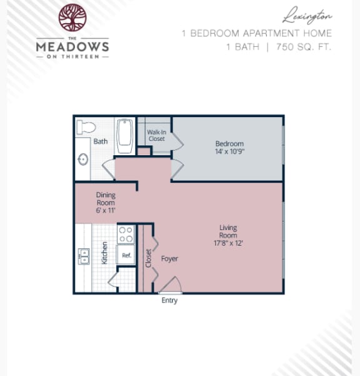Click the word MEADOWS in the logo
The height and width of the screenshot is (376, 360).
[72, 46]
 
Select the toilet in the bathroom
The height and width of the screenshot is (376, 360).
[86, 127]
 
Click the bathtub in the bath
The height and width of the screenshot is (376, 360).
[125, 136]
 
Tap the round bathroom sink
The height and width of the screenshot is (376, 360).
[82, 159]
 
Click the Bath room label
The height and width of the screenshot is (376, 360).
[100, 141]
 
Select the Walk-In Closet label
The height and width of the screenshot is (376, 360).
[156, 135]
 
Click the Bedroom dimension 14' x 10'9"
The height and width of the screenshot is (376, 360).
[229, 151]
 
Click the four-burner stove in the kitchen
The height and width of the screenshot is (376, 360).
[126, 234]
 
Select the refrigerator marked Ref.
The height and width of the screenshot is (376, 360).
[126, 255]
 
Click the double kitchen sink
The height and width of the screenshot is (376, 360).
[84, 256]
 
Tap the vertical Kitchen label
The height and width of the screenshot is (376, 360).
[105, 253]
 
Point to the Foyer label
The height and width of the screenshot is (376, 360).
[169, 258]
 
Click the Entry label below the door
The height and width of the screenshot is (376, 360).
[169, 300]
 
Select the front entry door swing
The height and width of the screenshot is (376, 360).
[171, 285]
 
